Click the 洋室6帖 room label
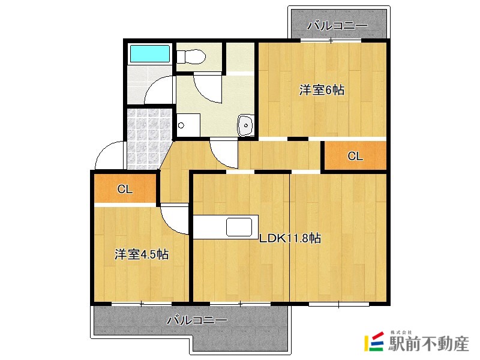(x=322, y=91)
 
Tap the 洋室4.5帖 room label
(x=142, y=254)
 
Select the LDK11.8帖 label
(x=290, y=238)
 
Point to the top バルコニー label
(x=337, y=26)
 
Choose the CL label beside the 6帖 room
(x=355, y=157)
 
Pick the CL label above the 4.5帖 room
(x=125, y=190)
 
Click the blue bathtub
(x=151, y=53)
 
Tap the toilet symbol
(x=191, y=57)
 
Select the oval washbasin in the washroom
(x=246, y=125)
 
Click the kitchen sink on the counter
(x=239, y=227)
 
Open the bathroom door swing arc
(x=158, y=90)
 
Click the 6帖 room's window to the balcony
(x=331, y=41)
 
